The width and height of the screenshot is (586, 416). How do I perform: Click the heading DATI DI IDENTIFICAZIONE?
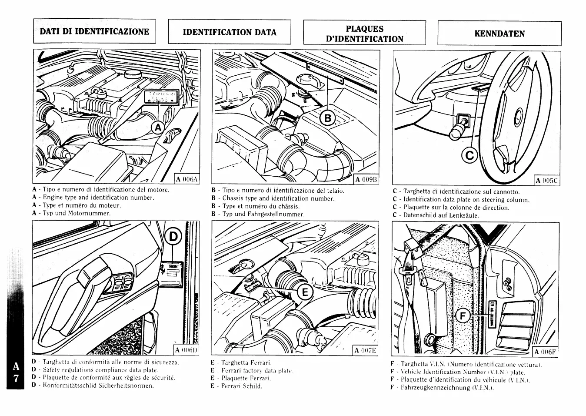click(x=94, y=31)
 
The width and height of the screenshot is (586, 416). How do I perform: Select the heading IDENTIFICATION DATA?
click(x=230, y=32)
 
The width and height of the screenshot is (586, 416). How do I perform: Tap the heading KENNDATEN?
click(x=499, y=34)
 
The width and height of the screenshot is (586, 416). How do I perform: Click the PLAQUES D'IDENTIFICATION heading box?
click(x=365, y=34)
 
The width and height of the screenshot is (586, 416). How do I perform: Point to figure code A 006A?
click(x=187, y=179)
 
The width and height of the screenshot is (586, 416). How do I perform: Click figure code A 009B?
click(x=367, y=179)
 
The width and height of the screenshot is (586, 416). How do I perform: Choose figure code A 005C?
click(x=547, y=181)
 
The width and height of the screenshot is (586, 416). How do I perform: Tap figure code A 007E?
click(x=366, y=350)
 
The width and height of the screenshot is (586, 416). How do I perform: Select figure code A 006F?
click(x=546, y=352)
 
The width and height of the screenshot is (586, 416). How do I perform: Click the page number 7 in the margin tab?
click(x=16, y=379)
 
